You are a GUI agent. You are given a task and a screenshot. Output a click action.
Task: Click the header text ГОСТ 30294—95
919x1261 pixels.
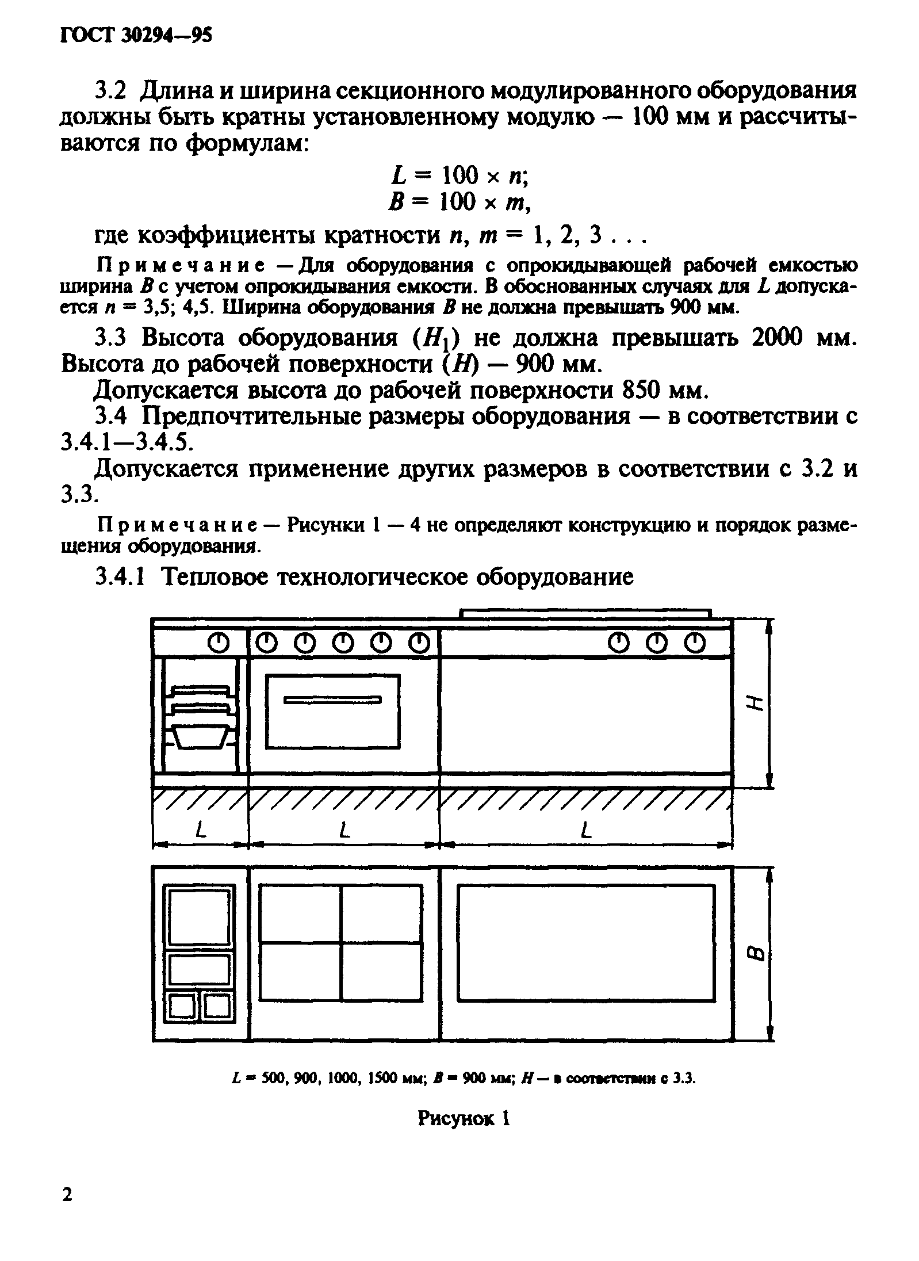pyautogui.click(x=136, y=36)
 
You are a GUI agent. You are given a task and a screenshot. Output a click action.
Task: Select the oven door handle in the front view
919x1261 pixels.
pyautogui.click(x=333, y=700)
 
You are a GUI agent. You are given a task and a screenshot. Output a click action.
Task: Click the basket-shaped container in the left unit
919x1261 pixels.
pyautogui.click(x=201, y=739)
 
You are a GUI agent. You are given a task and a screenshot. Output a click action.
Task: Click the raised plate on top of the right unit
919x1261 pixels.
pyautogui.click(x=586, y=613)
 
